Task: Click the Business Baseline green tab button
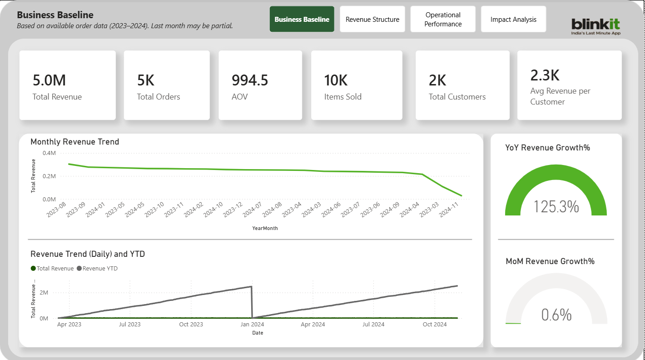point(302,20)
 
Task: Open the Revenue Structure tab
point(372,20)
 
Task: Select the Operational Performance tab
point(443,20)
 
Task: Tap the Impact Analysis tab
point(513,20)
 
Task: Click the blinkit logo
point(595,25)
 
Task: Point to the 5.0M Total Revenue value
point(49,80)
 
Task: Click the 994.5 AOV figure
point(250,80)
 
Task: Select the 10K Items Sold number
point(336,80)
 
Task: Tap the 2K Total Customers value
point(437,80)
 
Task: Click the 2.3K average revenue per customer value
point(545,75)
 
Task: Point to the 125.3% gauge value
point(556,206)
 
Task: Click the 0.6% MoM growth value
point(556,315)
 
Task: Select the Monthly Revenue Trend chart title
point(74,142)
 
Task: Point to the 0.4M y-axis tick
point(49,153)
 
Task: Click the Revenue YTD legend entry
point(98,269)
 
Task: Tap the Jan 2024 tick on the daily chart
point(252,324)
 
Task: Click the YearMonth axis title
point(265,228)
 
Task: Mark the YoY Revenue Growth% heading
point(547,148)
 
